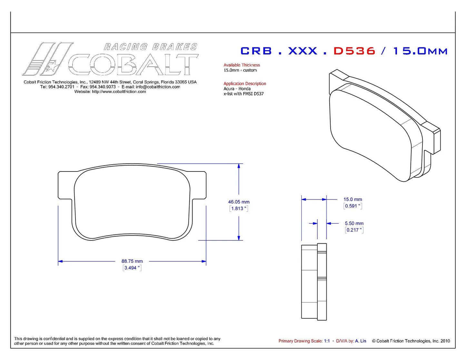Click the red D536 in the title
coord(354,51)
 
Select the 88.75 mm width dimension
coord(132,261)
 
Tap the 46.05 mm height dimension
coord(239,202)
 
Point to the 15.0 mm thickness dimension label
coord(353,199)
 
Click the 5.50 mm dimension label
coord(354,223)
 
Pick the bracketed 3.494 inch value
coord(132,268)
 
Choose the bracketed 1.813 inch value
coord(239,209)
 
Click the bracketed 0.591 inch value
coord(353,206)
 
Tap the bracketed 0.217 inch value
coord(354,230)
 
